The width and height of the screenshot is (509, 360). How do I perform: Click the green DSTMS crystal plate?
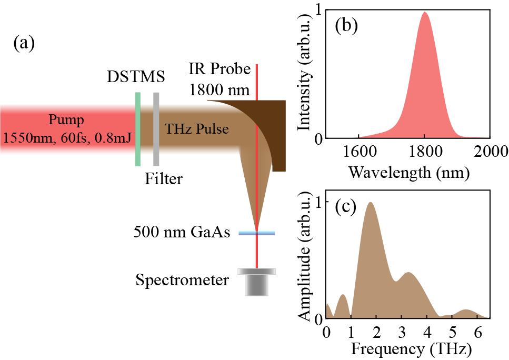[x=138, y=129]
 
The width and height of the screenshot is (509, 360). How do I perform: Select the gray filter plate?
[x=156, y=129]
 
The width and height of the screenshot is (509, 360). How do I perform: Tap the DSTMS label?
[x=135, y=77]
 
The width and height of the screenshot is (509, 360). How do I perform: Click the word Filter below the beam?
[x=164, y=179]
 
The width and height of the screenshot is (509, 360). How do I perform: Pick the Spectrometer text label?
[x=182, y=279]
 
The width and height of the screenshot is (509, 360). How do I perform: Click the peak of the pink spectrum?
[x=424, y=13]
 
